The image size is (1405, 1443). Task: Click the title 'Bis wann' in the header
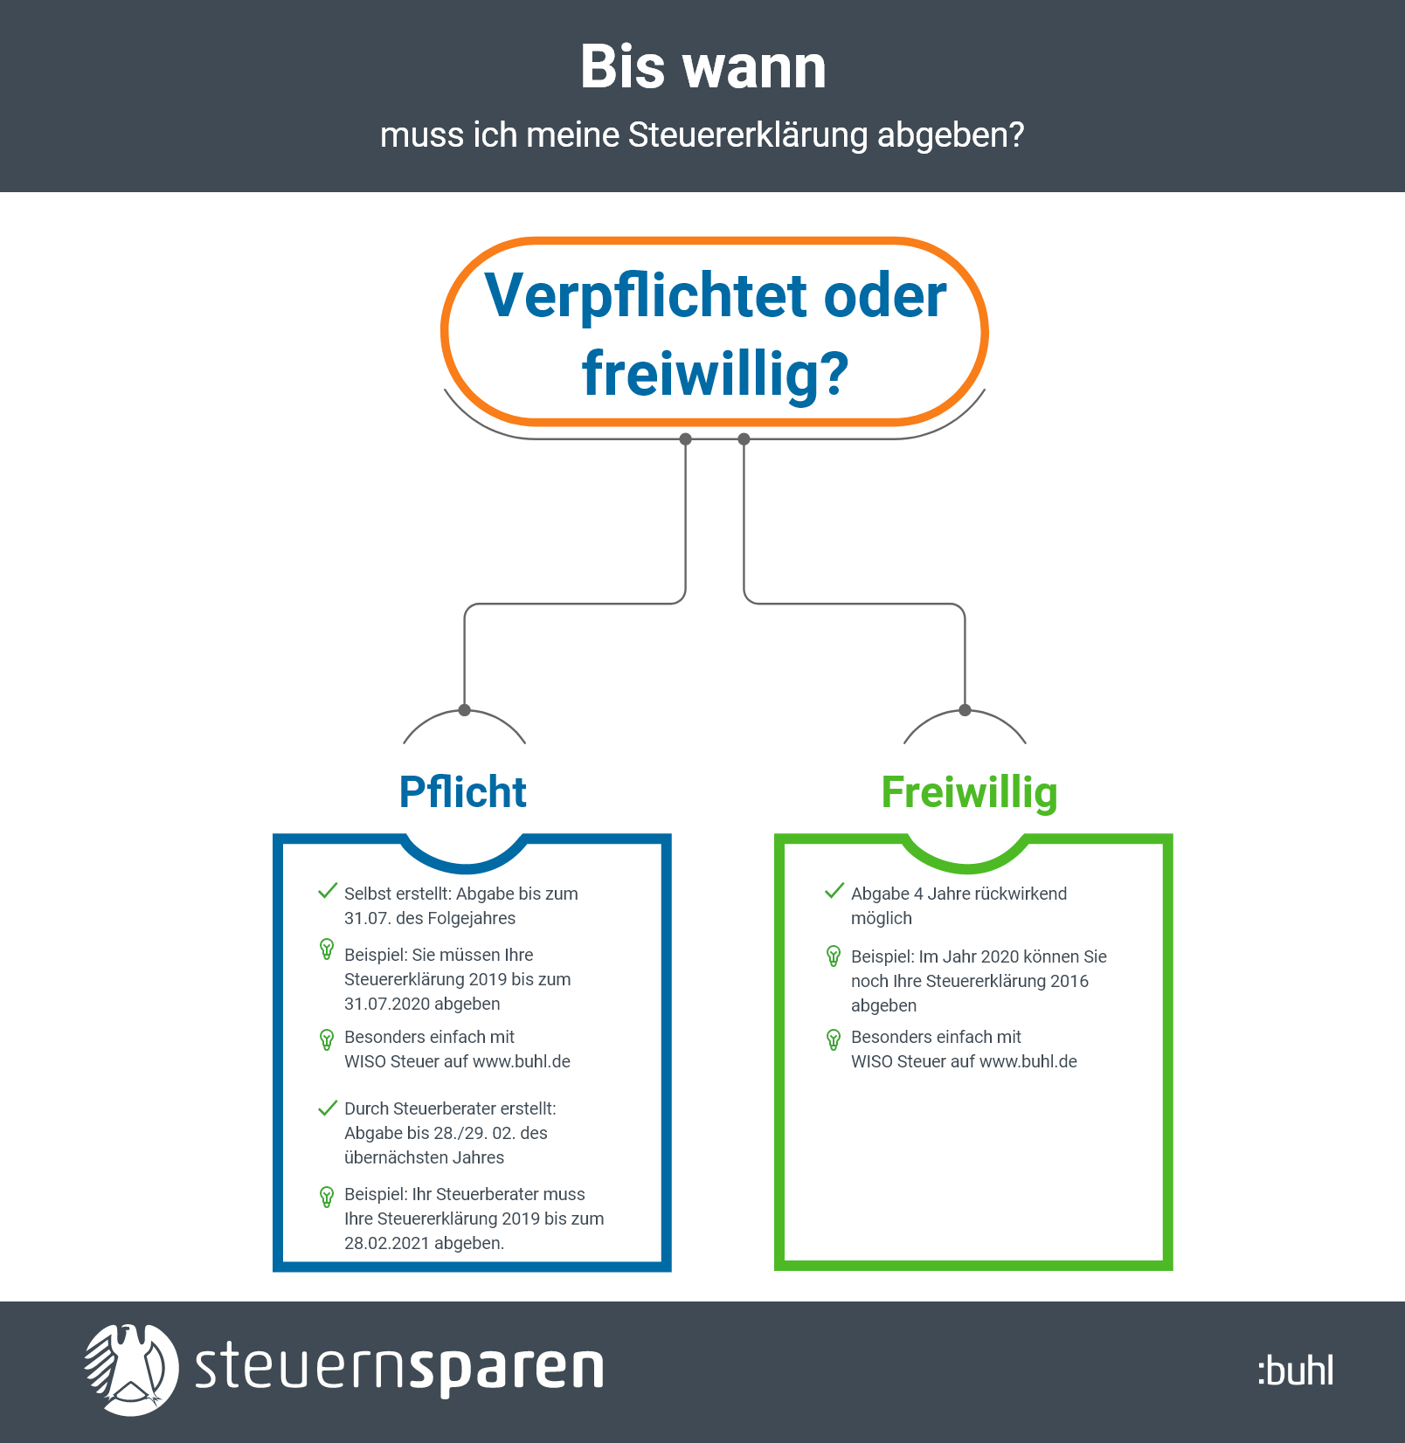[x=702, y=67]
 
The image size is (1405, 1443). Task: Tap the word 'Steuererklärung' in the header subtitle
[x=748, y=135]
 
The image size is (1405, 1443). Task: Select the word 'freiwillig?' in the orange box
[x=715, y=373]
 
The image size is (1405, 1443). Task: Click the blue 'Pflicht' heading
[x=462, y=792]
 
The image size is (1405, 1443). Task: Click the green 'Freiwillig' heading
[x=969, y=792]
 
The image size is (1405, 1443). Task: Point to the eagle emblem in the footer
[x=131, y=1369]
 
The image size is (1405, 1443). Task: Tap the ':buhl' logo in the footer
[x=1296, y=1371]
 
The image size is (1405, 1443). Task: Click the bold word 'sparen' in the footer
[x=507, y=1369]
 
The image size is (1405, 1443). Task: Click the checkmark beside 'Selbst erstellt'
[x=328, y=891]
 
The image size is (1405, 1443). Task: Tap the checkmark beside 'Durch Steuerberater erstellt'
[x=328, y=1108]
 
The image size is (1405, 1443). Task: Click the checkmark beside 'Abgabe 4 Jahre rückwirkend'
[x=834, y=891]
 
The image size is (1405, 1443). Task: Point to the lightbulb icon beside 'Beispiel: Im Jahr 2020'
[x=834, y=956]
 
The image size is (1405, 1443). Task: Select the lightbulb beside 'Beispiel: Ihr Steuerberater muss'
[x=327, y=1196]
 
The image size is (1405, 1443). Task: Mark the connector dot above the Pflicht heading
[x=465, y=710]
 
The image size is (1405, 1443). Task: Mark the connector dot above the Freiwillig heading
[x=965, y=710]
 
